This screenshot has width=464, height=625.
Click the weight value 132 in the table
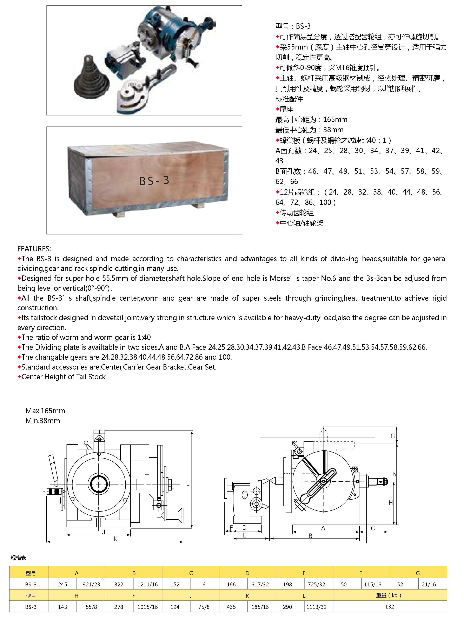[389, 606]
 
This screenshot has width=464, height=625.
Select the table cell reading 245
[62, 584]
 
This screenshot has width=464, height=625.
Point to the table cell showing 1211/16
[147, 584]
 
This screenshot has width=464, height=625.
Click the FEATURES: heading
[34, 249]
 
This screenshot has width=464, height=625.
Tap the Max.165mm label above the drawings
[45, 411]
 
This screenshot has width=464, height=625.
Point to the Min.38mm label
[43, 421]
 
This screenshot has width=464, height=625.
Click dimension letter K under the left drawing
[115, 539]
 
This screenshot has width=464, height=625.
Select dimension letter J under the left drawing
[104, 532]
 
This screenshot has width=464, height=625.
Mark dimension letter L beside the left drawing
[188, 484]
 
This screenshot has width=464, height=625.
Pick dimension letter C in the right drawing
[373, 528]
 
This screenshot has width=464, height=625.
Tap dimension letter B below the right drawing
[310, 536]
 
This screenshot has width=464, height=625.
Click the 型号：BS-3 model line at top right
[293, 26]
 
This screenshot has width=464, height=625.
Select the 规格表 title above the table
[18, 558]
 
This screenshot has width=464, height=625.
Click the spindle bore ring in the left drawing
[98, 484]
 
